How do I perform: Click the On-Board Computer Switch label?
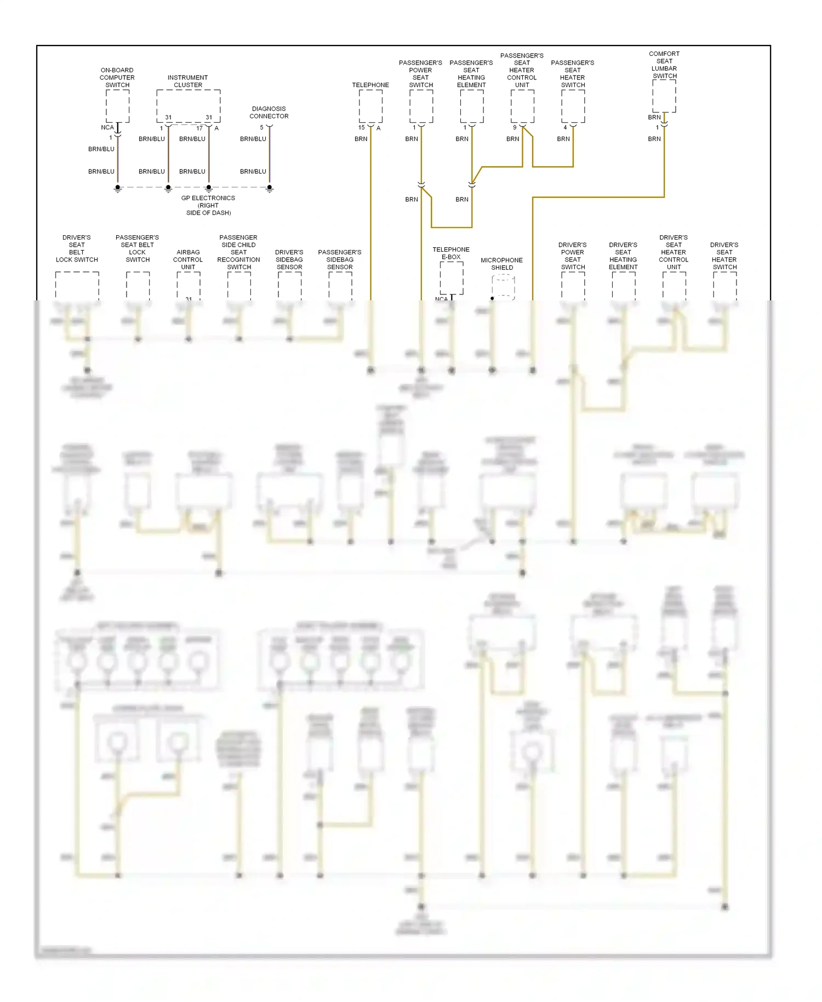tap(117, 78)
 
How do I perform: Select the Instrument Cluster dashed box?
tap(188, 106)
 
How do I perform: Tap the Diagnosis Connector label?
tap(269, 112)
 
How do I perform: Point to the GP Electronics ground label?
tap(208, 206)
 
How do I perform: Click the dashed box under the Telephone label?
tap(370, 106)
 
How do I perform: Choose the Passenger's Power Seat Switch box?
tap(421, 106)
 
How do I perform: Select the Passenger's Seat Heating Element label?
tap(471, 74)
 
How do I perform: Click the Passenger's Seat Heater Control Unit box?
tap(522, 106)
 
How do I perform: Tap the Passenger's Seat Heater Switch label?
tap(573, 74)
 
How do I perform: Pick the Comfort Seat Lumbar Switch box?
tap(664, 96)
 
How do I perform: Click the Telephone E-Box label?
tap(451, 253)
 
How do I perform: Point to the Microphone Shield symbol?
tap(503, 287)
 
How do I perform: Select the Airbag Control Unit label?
tap(188, 260)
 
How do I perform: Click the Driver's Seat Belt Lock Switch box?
tap(77, 285)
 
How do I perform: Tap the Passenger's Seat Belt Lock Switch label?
tap(138, 249)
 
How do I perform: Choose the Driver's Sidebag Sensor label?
tap(289, 260)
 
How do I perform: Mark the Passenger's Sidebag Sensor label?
tap(340, 260)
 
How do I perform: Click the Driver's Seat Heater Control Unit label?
tap(673, 252)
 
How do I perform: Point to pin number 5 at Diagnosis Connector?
tap(261, 128)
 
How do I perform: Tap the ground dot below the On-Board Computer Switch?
tap(118, 187)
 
